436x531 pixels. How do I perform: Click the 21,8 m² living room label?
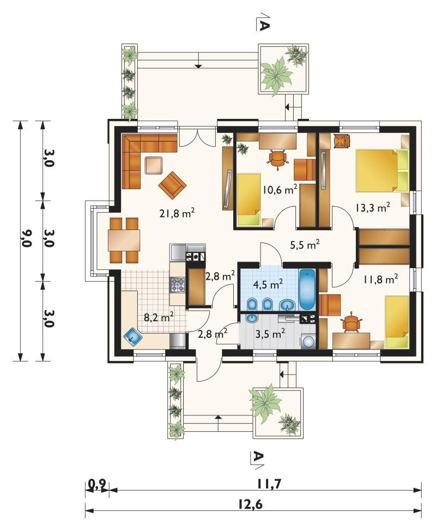[177, 213]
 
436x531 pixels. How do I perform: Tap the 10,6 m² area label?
[280, 190]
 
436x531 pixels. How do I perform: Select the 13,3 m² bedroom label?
[373, 207]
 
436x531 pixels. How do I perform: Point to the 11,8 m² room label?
[380, 279]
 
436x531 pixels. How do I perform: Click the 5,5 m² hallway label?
[305, 244]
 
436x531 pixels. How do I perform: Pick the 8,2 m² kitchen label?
[159, 317]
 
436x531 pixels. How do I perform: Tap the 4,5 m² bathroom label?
[268, 285]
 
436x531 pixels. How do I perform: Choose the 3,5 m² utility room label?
[270, 334]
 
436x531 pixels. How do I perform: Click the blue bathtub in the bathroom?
[307, 289]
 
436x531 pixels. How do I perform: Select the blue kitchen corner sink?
[133, 337]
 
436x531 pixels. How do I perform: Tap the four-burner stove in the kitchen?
[178, 285]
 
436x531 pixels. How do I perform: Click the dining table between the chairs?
[124, 240]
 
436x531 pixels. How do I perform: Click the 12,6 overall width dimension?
[250, 505]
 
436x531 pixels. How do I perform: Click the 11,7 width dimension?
[269, 484]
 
